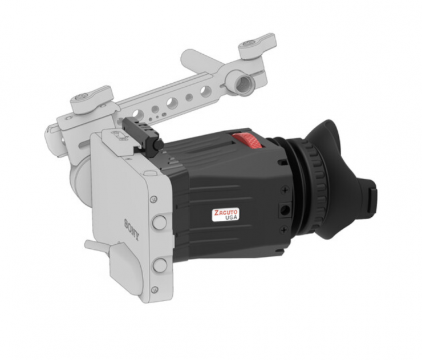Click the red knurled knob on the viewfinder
(x=247, y=140)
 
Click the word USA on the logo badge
(x=231, y=217)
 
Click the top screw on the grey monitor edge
(x=153, y=200)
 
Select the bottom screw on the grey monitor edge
(x=154, y=290)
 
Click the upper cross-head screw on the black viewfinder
(x=285, y=191)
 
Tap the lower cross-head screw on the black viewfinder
(x=283, y=230)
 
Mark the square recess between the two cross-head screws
(x=285, y=209)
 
